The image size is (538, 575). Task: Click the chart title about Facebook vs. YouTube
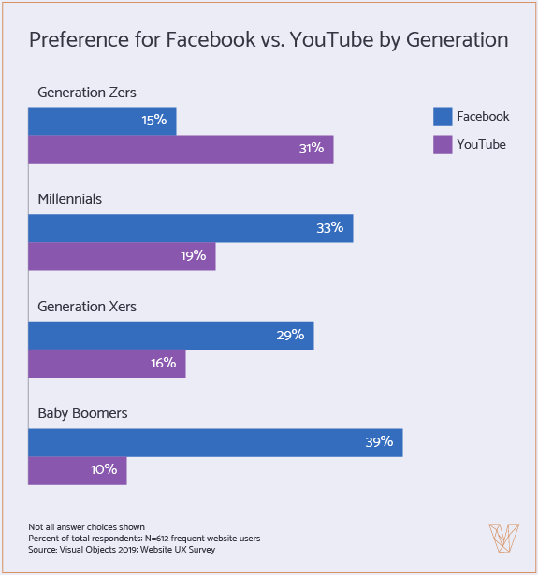[269, 40]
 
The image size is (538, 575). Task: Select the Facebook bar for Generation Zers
[102, 121]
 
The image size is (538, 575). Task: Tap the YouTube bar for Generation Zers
[181, 150]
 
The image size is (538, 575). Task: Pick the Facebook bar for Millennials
[190, 228]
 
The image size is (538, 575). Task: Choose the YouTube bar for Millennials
[122, 256]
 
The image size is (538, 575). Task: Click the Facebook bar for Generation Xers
[170, 335]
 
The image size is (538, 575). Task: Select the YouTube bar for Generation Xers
[107, 364]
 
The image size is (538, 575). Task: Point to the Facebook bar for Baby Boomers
[215, 442]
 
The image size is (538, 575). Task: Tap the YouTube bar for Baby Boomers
[77, 470]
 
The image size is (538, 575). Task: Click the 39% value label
[379, 442]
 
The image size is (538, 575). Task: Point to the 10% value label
[103, 470]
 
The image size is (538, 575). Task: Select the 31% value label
[311, 149]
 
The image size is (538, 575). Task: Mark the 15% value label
[153, 121]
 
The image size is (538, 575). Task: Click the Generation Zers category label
[87, 93]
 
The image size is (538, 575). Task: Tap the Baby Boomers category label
[82, 412]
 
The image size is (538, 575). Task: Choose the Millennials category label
[69, 199]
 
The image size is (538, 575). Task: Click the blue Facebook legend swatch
[443, 117]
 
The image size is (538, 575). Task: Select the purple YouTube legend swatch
[443, 144]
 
